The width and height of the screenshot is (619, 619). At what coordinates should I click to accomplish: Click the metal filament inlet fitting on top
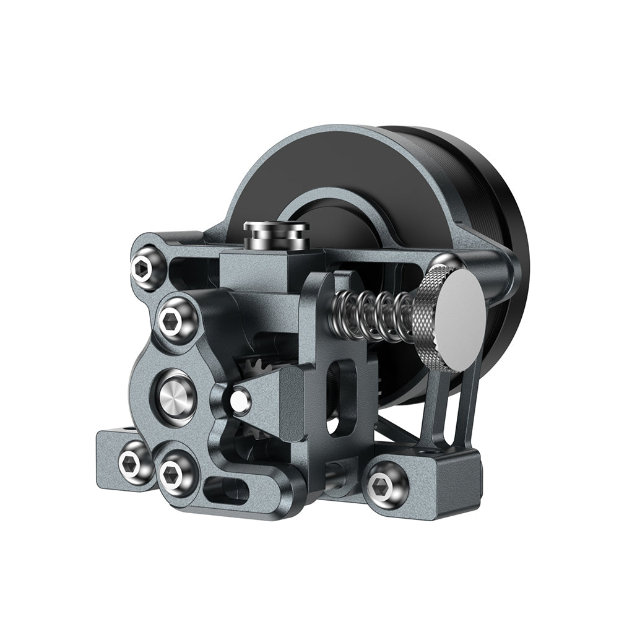(x=276, y=234)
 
